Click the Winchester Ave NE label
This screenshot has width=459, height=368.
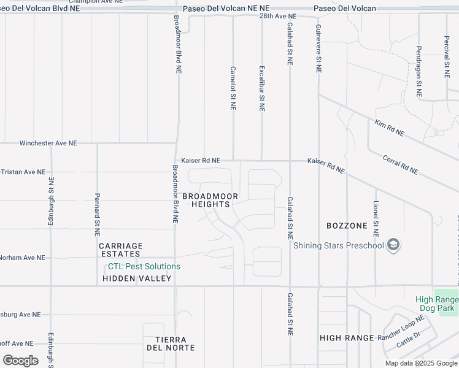coord(48,143)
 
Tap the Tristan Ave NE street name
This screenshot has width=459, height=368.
coord(23,172)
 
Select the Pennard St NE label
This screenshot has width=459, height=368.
coord(97,215)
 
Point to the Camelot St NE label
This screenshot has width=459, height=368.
coord(233,88)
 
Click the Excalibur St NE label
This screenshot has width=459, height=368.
coord(262,88)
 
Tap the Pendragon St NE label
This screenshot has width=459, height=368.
coord(419,72)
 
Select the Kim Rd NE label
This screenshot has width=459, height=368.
coord(390,128)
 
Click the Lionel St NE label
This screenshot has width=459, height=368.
coord(376,218)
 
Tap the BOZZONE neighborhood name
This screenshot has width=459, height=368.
coord(347,226)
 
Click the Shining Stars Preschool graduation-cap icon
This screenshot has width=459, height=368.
coord(393,246)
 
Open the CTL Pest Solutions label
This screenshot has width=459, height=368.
coord(144,267)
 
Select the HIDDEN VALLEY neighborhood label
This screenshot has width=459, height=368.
coord(137,278)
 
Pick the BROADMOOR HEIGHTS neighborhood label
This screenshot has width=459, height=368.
coord(210,200)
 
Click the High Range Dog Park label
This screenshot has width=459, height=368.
coord(438,303)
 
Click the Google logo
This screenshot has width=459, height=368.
coord(20,361)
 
